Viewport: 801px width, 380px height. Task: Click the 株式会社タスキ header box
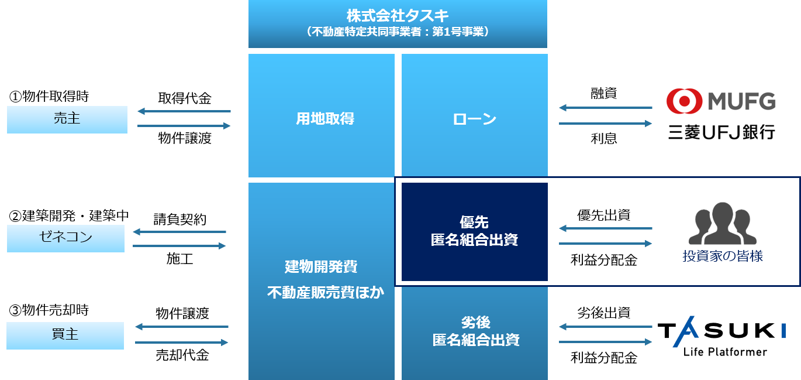(x=398, y=23)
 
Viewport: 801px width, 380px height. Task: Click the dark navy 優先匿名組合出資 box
(x=474, y=231)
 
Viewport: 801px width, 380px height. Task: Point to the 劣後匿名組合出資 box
(x=474, y=331)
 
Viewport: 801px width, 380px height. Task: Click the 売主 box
(x=67, y=119)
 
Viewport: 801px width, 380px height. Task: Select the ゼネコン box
(x=65, y=238)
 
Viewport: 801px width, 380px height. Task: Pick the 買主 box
(x=65, y=335)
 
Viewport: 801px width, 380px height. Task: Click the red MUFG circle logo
(x=684, y=101)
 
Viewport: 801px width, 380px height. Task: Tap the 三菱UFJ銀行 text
(x=722, y=132)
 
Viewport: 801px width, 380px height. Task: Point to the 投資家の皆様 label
(x=723, y=256)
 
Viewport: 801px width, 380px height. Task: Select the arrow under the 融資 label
(x=605, y=108)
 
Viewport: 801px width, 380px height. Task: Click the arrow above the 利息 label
(x=605, y=124)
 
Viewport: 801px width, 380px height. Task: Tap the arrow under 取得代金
(x=184, y=111)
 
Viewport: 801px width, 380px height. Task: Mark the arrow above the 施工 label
(x=179, y=246)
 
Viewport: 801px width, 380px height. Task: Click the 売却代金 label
(x=182, y=355)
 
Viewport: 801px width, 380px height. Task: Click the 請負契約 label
(x=179, y=219)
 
